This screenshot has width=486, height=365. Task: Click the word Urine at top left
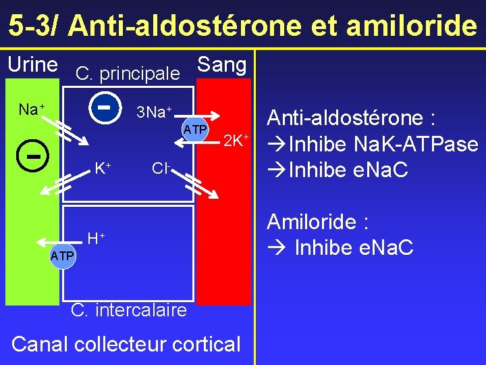[32, 65]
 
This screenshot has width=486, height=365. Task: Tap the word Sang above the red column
[221, 65]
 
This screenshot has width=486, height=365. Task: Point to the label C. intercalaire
[128, 310]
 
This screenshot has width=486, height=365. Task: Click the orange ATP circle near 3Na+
[196, 128]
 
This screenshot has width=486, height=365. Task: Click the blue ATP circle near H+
[62, 256]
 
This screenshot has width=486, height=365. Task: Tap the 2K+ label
[236, 141]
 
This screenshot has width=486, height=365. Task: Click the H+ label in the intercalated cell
[96, 238]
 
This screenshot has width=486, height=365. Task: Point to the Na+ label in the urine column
[31, 109]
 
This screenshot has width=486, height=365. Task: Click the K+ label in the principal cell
[102, 168]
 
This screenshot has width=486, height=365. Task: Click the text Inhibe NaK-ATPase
[373, 145]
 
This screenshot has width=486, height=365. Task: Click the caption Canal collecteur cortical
[126, 343]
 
